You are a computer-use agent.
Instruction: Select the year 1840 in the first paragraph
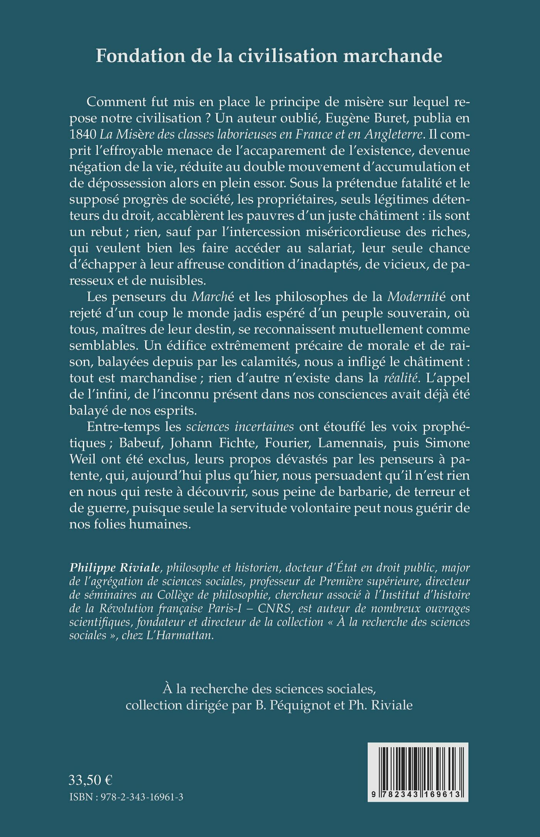tap(83, 134)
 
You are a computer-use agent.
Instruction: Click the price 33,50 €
tap(91, 780)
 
